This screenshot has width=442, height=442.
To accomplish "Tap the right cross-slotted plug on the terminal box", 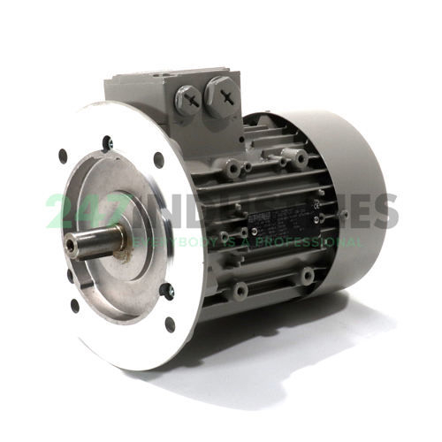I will [225, 90].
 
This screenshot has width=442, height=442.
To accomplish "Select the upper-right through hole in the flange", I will [158, 161].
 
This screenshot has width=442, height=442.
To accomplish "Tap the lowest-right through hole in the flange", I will [170, 324].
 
